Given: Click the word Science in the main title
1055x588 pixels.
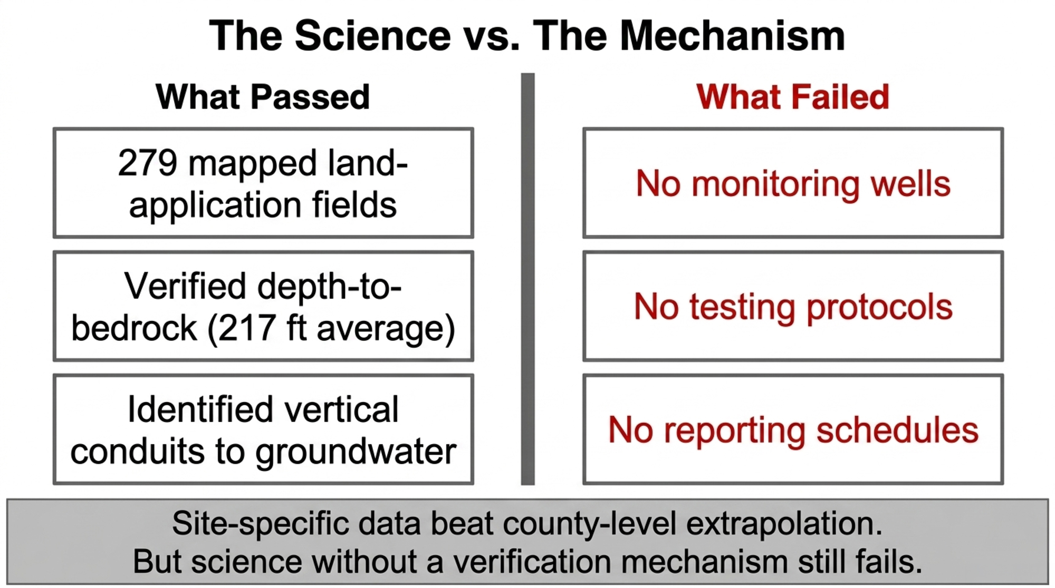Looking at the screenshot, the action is [x=373, y=36].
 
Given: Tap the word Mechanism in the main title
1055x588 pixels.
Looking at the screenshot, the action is [x=732, y=36].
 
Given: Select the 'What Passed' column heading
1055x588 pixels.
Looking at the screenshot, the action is [x=263, y=97].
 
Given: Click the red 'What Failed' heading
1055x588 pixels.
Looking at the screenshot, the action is [x=793, y=97].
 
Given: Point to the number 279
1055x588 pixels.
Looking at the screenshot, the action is [x=147, y=163].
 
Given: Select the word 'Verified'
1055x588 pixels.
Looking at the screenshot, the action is [x=185, y=286].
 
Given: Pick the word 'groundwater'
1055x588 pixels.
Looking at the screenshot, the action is [x=356, y=452].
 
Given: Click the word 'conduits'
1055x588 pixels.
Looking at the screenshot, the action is [x=137, y=452].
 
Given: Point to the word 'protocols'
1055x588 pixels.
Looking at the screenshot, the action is [x=879, y=308].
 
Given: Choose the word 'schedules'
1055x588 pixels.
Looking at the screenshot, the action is [x=897, y=430].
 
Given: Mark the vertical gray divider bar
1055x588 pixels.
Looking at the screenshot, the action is [x=527, y=279].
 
